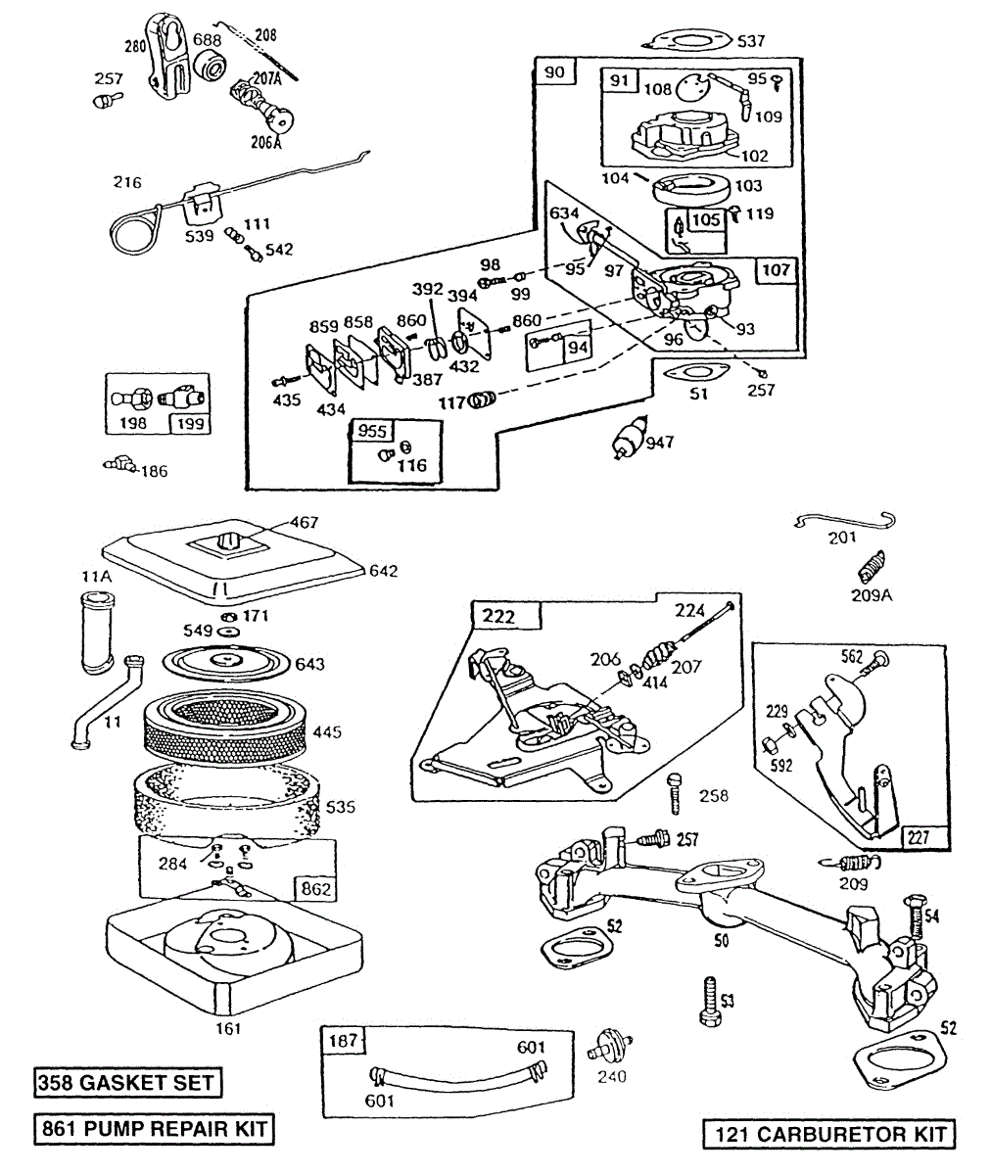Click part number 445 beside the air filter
(x=327, y=731)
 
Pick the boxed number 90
(x=555, y=72)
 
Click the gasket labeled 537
(x=689, y=42)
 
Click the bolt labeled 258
(x=676, y=793)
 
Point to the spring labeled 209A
(x=872, y=566)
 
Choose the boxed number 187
(x=343, y=1041)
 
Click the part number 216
(x=127, y=182)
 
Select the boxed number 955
(x=372, y=431)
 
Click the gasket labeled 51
(x=696, y=372)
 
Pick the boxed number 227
(x=919, y=838)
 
